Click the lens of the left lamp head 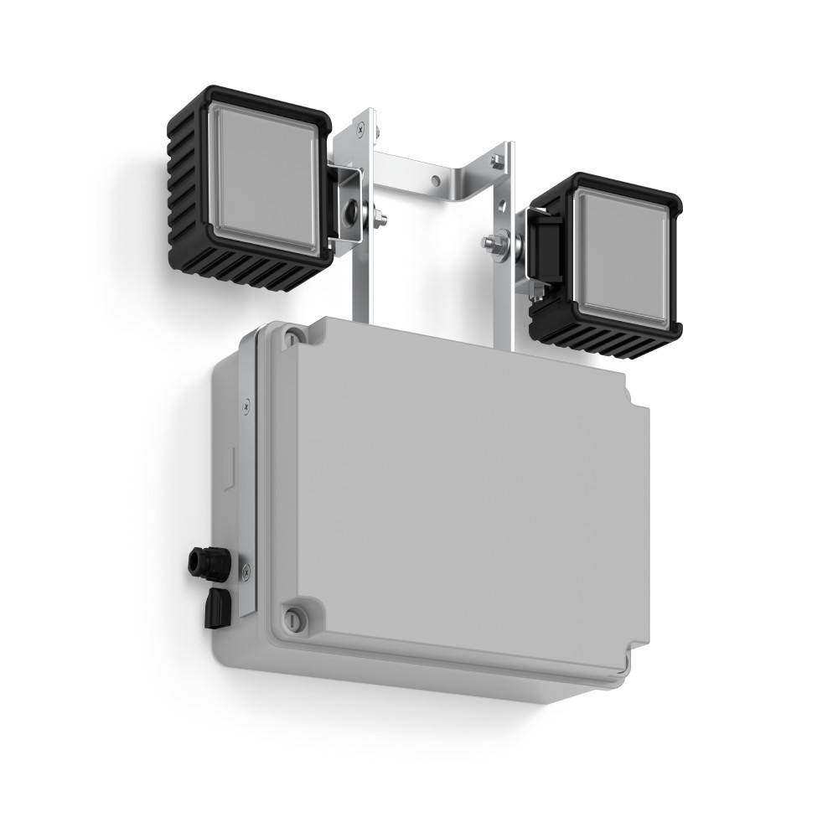[261, 179]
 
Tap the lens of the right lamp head [622, 256]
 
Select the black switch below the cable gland [217, 605]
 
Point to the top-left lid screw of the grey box [291, 337]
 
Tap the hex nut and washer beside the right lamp [495, 242]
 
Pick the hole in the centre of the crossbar [435, 179]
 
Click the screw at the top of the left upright [360, 128]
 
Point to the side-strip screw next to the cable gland [246, 572]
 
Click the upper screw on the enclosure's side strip [245, 406]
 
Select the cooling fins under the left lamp [268, 270]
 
